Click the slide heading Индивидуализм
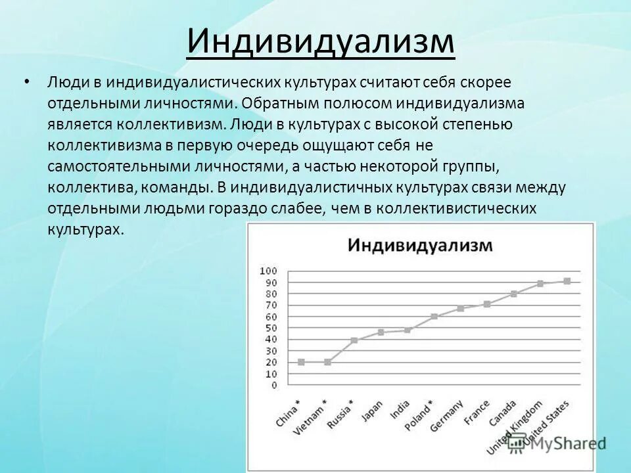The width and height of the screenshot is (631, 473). [320, 41]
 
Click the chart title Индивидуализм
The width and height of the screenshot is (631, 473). [419, 246]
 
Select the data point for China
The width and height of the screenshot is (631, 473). [301, 362]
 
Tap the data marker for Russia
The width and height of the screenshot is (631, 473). [354, 340]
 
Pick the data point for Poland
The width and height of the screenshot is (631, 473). [434, 317]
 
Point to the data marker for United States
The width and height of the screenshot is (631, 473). [567, 281]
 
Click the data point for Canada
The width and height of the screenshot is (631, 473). [513, 294]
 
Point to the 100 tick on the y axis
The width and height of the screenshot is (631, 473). [269, 271]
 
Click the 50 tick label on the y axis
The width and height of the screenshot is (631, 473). [272, 328]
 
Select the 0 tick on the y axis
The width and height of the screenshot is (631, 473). [275, 385]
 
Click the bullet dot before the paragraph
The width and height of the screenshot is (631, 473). [26, 83]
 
